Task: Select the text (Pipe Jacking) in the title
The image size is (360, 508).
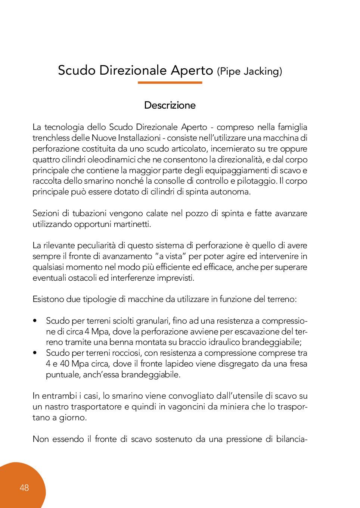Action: click(x=249, y=71)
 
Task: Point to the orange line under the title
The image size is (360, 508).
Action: click(x=170, y=82)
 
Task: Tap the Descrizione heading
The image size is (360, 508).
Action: click(x=170, y=105)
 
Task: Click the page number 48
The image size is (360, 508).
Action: click(x=24, y=488)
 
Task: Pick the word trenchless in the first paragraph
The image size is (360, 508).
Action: click(x=51, y=138)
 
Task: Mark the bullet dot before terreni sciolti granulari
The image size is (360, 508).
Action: click(x=35, y=321)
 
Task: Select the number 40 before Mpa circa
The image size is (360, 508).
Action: click(x=65, y=364)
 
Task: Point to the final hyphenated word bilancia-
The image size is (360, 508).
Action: click(x=292, y=439)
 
